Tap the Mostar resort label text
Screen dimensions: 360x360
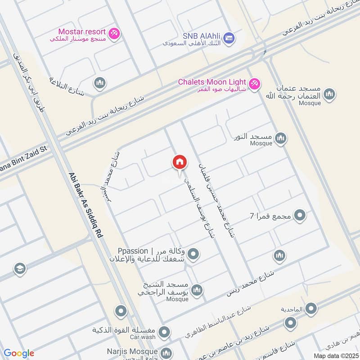(82, 32)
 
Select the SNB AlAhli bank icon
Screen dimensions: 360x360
(229, 37)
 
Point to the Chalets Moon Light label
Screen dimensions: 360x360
(212, 82)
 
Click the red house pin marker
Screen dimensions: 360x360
(179, 163)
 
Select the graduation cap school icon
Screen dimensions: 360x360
(20, 269)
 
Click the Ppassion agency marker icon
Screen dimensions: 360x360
(193, 255)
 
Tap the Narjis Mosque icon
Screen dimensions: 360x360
(166, 352)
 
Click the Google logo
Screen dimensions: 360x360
(19, 353)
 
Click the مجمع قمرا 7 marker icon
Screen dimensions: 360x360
(300, 216)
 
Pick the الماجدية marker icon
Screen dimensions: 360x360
(310, 309)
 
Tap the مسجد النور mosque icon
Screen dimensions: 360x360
(281, 137)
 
